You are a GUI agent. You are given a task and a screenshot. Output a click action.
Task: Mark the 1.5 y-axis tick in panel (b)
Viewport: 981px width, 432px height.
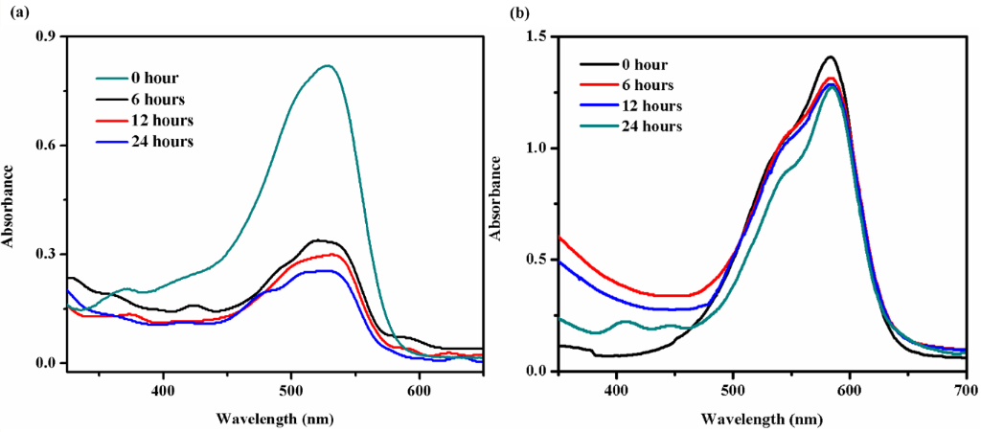point(538,37)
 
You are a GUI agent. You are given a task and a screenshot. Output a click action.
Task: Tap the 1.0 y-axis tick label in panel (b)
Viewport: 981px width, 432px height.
point(538,148)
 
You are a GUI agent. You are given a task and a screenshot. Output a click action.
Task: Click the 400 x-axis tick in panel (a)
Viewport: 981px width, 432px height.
point(163,390)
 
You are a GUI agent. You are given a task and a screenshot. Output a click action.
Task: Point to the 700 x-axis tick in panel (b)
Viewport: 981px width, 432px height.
point(966,390)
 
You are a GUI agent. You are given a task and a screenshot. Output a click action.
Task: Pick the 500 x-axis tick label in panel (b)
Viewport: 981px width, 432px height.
point(733,390)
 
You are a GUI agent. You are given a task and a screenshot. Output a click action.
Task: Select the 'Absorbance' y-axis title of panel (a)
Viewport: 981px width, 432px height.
point(9,204)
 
